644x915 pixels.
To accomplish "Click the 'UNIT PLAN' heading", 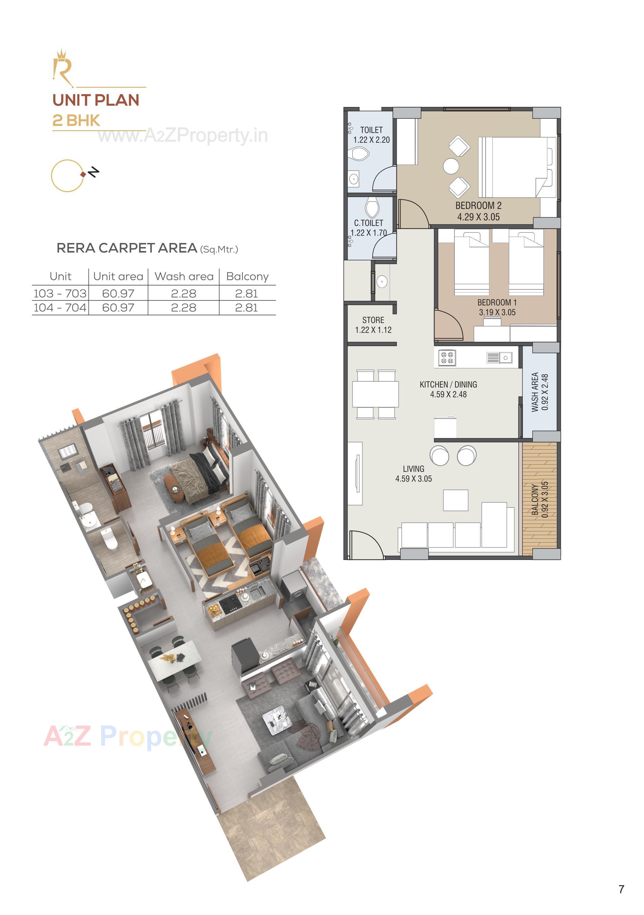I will pyautogui.click(x=96, y=100).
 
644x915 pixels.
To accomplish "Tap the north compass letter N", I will pyautogui.click(x=94, y=172).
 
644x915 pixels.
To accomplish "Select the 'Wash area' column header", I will pyautogui.click(x=184, y=276).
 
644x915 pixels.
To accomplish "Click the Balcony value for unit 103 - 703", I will pyautogui.click(x=247, y=293).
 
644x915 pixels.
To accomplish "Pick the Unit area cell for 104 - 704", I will pyautogui.click(x=118, y=308).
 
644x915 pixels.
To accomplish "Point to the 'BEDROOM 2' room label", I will pyautogui.click(x=478, y=206).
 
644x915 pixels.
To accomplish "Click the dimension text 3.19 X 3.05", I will pyautogui.click(x=497, y=312).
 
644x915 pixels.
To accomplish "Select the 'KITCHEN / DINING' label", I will pyautogui.click(x=448, y=385).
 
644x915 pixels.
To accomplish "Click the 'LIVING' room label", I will pyautogui.click(x=413, y=469).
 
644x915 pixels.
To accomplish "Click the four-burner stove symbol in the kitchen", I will pyautogui.click(x=447, y=358).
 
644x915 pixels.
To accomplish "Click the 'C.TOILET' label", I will pyautogui.click(x=368, y=223).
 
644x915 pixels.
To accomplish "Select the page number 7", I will pyautogui.click(x=621, y=889).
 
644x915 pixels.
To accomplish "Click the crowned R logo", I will pyautogui.click(x=63, y=68).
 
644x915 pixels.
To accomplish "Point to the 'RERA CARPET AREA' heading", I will pyautogui.click(x=127, y=248).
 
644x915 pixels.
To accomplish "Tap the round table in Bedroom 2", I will pyautogui.click(x=451, y=166).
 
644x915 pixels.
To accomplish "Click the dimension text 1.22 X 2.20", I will pyautogui.click(x=371, y=140).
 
